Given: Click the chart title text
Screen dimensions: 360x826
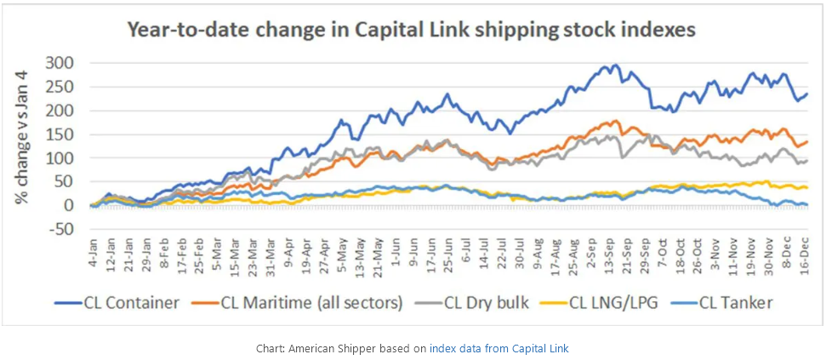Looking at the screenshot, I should click(412, 30).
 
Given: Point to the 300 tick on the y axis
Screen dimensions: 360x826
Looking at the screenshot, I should click(64, 63).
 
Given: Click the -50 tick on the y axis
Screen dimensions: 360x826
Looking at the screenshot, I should click(64, 229).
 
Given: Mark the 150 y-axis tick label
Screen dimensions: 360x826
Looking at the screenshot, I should click(64, 134).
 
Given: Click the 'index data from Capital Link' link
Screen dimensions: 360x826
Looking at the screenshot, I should click(498, 348).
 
